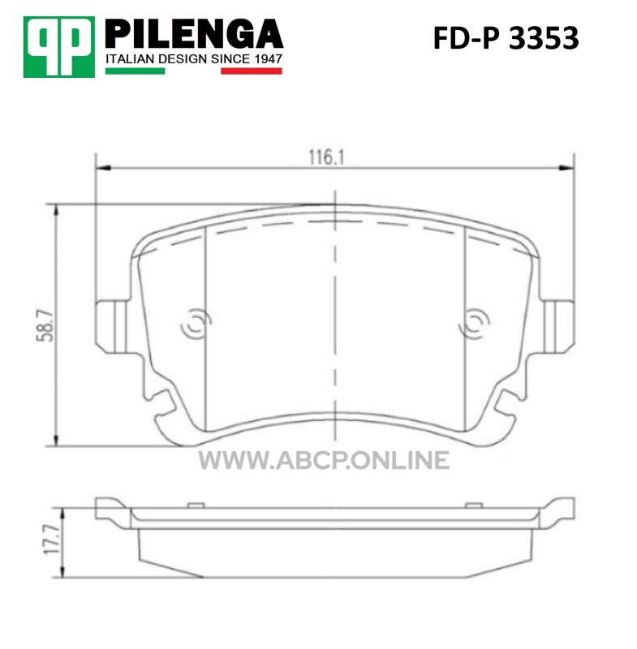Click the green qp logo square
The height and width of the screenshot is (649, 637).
click(x=58, y=47)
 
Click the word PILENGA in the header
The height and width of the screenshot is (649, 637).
click(x=194, y=34)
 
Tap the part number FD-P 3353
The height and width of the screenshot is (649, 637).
click(x=506, y=38)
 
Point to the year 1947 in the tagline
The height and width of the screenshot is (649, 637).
click(x=268, y=59)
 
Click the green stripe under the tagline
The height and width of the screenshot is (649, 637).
click(x=135, y=71)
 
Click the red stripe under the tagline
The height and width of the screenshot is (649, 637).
click(x=252, y=71)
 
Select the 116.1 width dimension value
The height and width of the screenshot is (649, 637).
click(x=326, y=157)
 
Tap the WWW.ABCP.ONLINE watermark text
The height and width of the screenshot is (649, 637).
click(x=324, y=461)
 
